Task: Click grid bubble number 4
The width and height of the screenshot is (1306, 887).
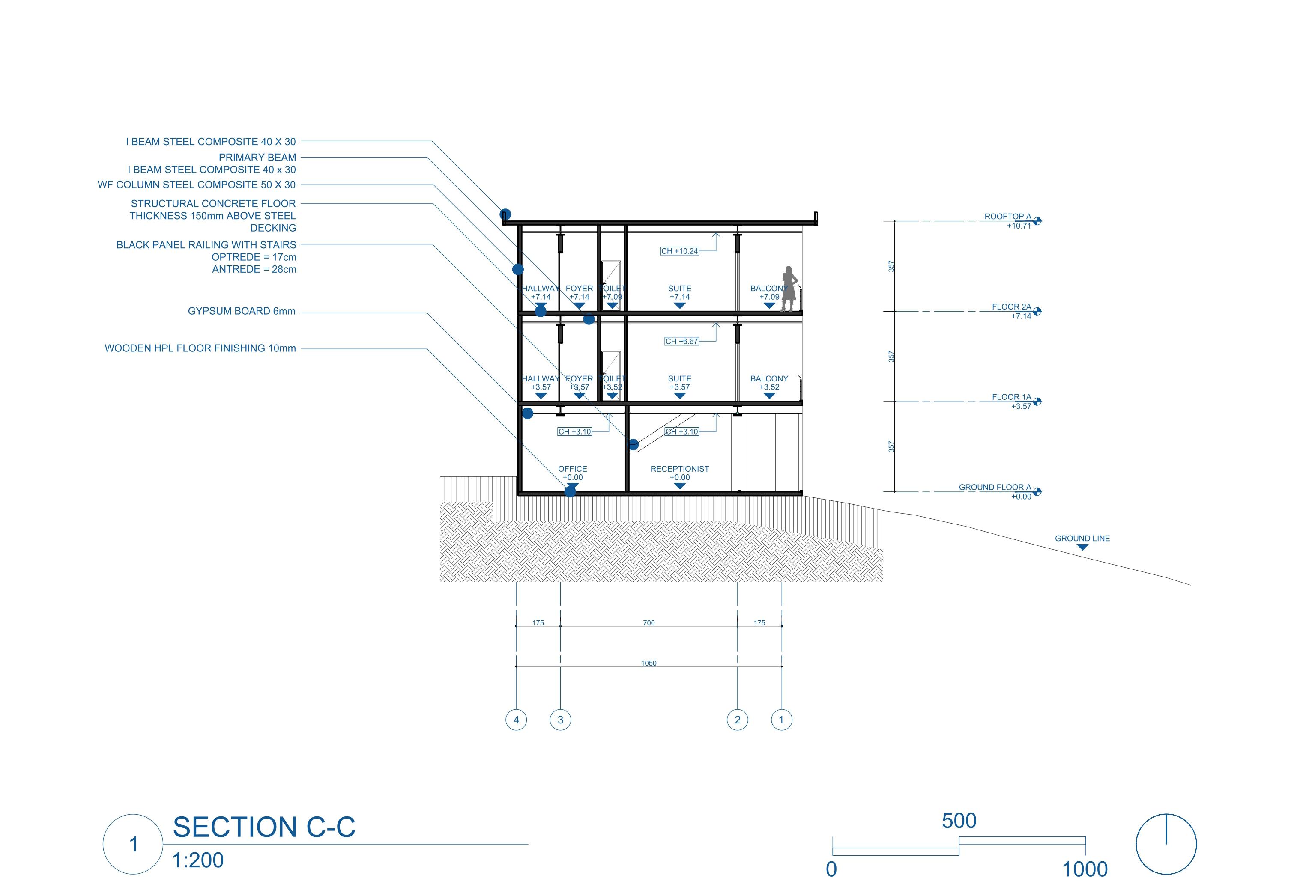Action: tap(516, 720)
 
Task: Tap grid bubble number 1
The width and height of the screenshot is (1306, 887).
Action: tap(781, 720)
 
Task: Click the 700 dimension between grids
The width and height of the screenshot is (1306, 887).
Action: tap(649, 623)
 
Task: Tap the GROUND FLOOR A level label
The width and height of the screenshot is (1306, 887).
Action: tap(995, 488)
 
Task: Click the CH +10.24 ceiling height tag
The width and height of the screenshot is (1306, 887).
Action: tap(679, 251)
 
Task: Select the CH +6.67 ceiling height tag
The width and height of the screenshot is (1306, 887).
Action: tap(681, 342)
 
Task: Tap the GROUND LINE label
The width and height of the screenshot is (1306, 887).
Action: tap(1082, 539)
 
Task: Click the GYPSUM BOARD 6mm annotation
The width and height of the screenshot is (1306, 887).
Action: tap(242, 311)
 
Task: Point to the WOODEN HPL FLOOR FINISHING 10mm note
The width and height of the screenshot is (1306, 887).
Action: tap(200, 348)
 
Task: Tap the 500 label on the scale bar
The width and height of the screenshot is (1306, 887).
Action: tap(959, 821)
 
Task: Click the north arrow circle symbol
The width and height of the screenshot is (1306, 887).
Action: tap(1166, 844)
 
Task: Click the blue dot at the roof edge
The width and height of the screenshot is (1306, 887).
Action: tap(505, 214)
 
